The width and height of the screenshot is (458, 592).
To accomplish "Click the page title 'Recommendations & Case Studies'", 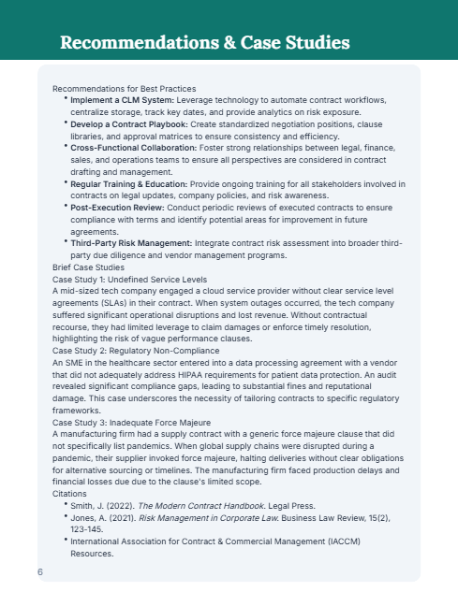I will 205,42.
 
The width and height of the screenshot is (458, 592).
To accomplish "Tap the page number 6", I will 40,570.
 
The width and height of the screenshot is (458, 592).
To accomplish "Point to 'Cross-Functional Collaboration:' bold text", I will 134,148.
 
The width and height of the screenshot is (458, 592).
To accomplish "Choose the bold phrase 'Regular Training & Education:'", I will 128,184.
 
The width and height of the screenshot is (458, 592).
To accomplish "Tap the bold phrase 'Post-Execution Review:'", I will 115,209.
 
